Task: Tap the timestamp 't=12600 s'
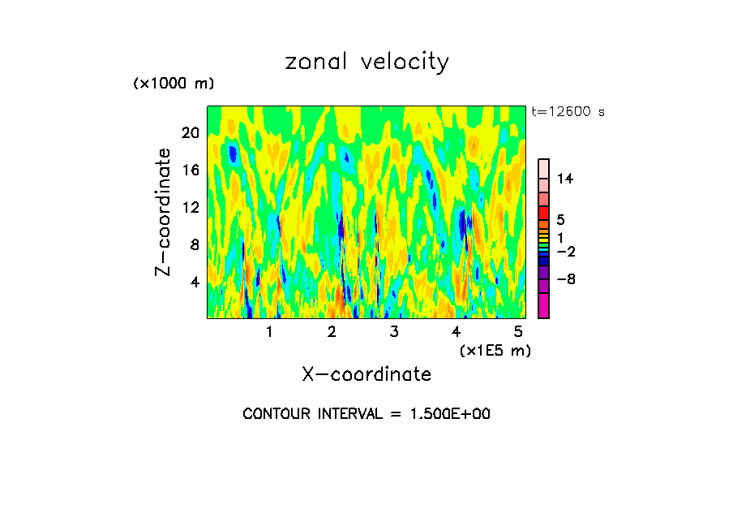(568, 112)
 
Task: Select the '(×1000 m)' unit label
(174, 84)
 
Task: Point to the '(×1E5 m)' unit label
(495, 350)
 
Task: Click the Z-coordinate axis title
(164, 212)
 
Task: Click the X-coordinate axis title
(366, 374)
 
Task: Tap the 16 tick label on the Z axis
(190, 171)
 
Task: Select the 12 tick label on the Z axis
(190, 207)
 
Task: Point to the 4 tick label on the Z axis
(194, 282)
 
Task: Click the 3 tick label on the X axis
(394, 331)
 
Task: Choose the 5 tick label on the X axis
(519, 331)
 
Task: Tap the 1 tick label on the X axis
(269, 331)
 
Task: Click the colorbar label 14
(565, 179)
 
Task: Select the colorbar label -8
(565, 279)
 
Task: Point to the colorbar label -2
(565, 252)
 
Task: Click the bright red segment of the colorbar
(544, 213)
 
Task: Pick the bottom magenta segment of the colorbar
(544, 305)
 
